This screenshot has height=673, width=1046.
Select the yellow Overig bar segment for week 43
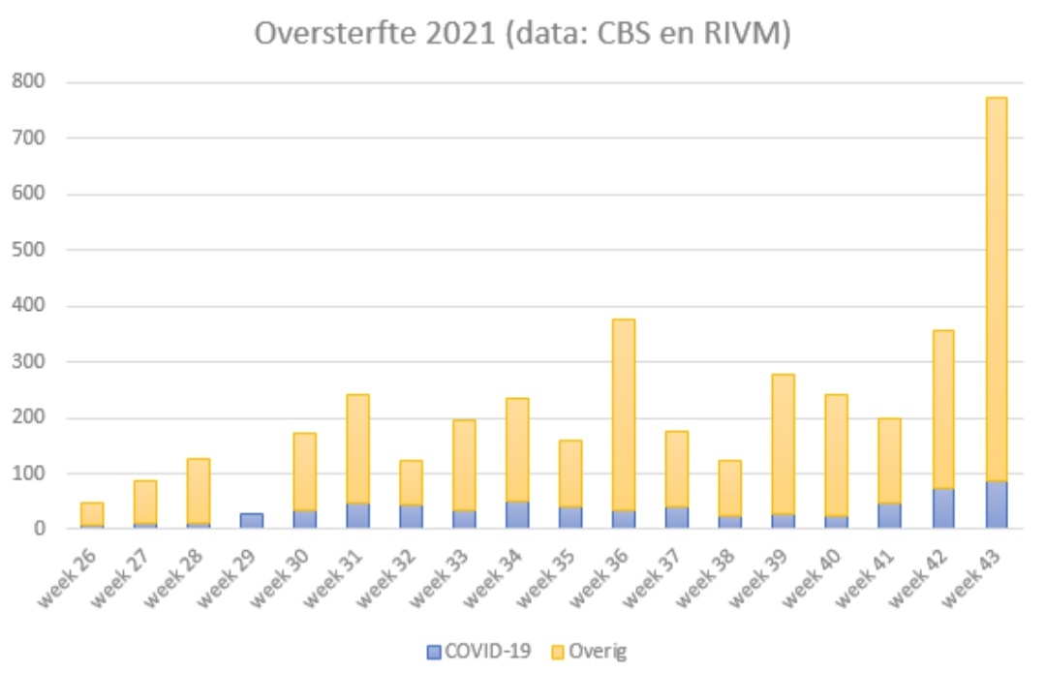996,291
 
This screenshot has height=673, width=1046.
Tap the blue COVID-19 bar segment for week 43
996,505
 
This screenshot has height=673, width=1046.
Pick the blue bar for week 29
251,521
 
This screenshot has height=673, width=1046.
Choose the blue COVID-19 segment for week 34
517,514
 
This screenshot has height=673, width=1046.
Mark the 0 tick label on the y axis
40,529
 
